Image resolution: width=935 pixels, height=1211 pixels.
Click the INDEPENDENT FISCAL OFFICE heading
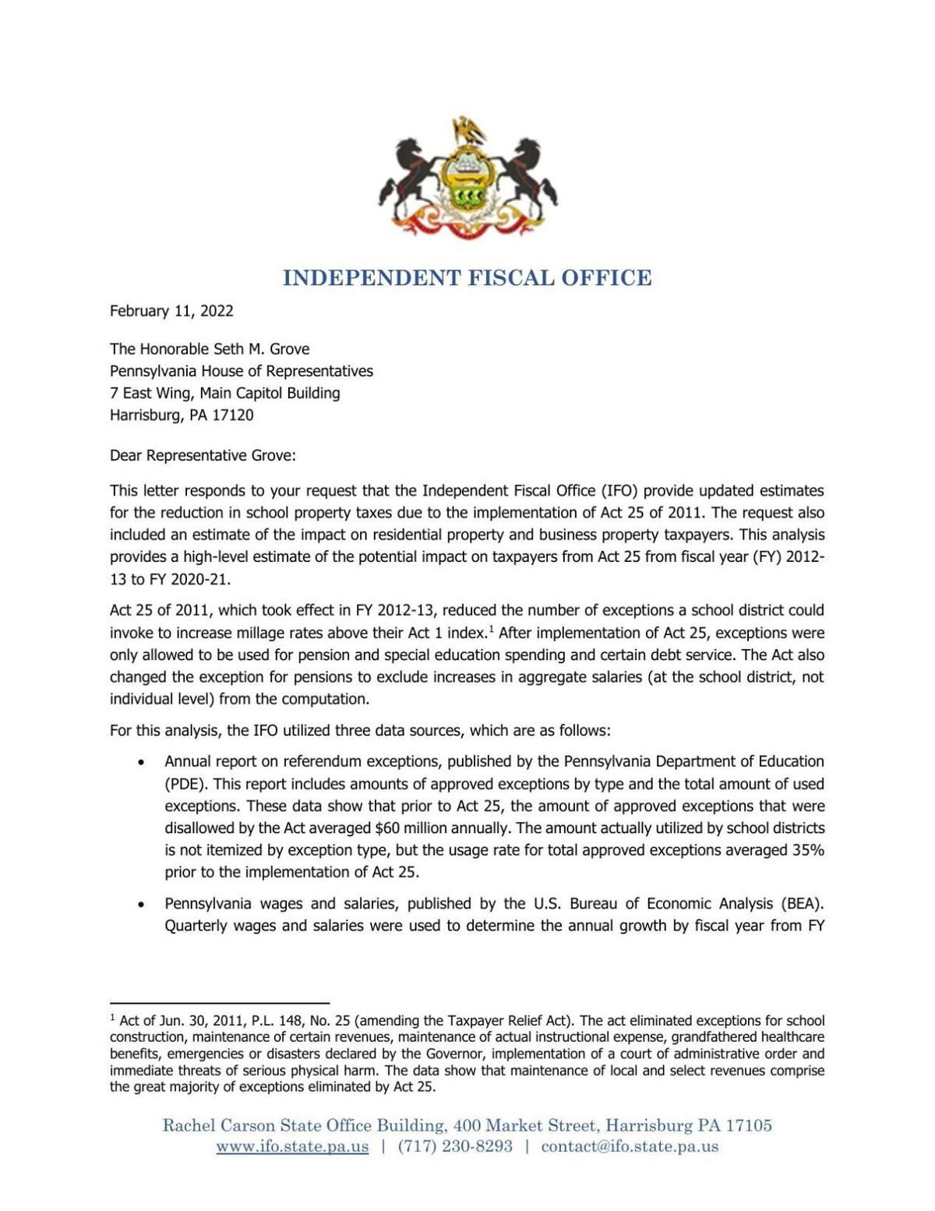pyautogui.click(x=467, y=278)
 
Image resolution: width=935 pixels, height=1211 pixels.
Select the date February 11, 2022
pyautogui.click(x=171, y=311)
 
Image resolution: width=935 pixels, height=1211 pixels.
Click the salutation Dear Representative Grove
pyautogui.click(x=203, y=455)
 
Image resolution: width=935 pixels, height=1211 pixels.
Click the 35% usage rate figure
pyautogui.click(x=808, y=850)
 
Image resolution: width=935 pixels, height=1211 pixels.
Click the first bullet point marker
pyautogui.click(x=141, y=762)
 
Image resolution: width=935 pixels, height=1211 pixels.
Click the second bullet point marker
pyautogui.click(x=141, y=905)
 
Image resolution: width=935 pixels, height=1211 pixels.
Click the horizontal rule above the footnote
pyautogui.click(x=220, y=1003)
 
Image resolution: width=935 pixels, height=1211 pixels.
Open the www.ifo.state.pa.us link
pyautogui.click(x=292, y=1146)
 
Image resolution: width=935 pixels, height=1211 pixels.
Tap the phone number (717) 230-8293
pyautogui.click(x=455, y=1146)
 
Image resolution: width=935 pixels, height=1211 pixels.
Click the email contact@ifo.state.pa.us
pyautogui.click(x=630, y=1146)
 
